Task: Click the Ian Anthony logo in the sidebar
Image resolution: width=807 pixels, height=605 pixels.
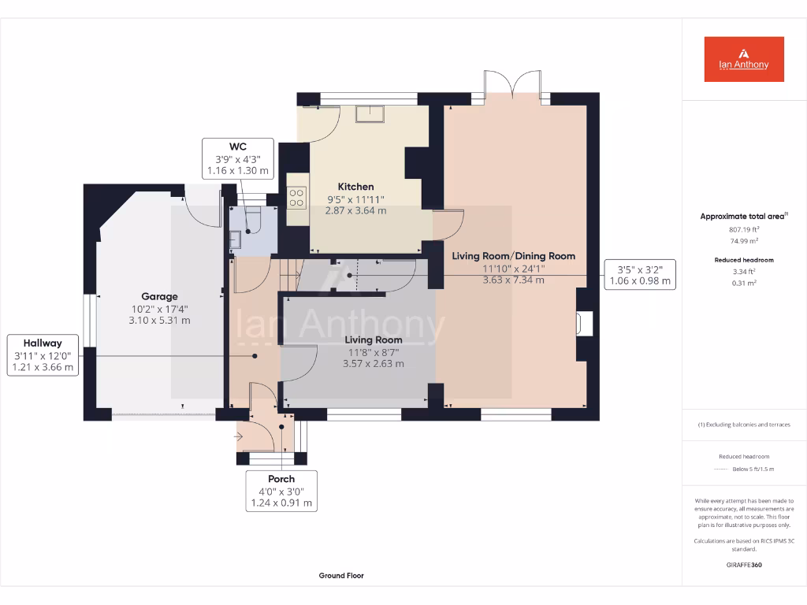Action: [744, 59]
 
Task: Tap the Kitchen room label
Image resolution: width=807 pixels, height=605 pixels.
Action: [355, 187]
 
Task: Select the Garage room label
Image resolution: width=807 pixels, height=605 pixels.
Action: [159, 297]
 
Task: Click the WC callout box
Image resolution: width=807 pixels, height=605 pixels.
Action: [237, 158]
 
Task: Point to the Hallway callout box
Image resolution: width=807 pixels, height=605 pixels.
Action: [42, 354]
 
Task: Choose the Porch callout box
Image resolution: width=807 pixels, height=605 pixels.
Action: [281, 491]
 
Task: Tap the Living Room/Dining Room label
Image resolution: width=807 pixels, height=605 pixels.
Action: [513, 256]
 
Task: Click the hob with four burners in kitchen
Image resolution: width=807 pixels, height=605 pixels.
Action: [297, 197]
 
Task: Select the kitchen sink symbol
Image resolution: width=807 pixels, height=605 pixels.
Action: [369, 114]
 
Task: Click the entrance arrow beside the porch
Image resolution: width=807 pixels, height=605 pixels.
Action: [240, 434]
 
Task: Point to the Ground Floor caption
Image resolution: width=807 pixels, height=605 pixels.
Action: [341, 576]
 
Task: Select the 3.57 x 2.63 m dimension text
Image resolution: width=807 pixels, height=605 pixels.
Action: [373, 364]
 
